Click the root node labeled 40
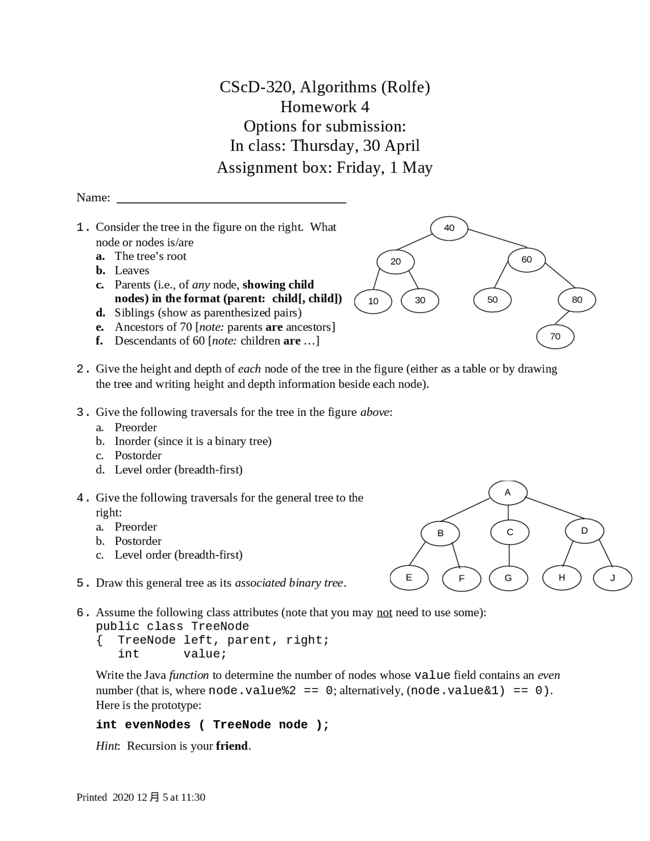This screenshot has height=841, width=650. (x=449, y=228)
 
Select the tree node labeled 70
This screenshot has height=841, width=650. (x=555, y=336)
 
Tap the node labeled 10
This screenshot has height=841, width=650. (x=373, y=301)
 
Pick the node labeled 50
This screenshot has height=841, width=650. (x=492, y=300)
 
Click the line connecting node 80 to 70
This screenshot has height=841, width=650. (x=563, y=317)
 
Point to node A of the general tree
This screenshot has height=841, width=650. (x=507, y=492)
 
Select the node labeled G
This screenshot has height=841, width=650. (x=508, y=578)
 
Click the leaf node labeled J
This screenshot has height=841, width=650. (x=612, y=578)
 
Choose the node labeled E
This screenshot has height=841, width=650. (x=409, y=577)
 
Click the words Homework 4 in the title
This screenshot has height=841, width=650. (x=325, y=107)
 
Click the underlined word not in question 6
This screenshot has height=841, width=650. (x=384, y=612)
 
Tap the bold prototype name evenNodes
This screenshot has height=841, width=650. (x=157, y=725)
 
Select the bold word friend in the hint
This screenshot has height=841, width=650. (x=232, y=746)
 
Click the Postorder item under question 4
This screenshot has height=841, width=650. (x=138, y=541)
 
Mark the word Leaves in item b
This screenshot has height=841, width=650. (x=132, y=271)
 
